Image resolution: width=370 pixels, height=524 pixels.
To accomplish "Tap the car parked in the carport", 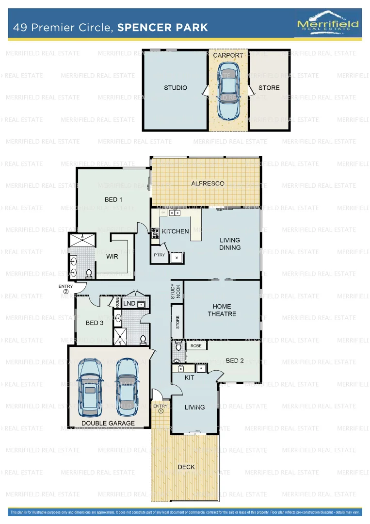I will point(228,92).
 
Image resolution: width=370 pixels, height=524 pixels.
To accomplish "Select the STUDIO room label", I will point(175,88).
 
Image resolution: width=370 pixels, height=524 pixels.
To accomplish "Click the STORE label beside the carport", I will point(269,88).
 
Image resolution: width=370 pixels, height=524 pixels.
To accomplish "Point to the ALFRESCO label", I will point(208,183).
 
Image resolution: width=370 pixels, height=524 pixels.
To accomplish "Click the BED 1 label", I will point(113,199).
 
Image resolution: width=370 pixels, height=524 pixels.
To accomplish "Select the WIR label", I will point(113,257).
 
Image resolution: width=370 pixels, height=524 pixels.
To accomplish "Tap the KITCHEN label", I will point(175,231).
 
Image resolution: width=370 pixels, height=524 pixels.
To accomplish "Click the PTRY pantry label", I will point(159,255).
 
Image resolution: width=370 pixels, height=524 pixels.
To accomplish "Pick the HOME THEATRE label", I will point(222,310).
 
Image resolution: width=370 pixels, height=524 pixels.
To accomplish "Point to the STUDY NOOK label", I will point(175,291).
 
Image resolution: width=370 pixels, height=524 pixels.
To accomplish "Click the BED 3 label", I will point(95,323).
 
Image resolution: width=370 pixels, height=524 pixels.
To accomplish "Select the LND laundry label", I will point(129,304).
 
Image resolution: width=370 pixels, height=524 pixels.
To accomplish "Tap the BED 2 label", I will point(235,360).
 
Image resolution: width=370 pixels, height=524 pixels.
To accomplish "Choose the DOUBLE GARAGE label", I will point(108,423).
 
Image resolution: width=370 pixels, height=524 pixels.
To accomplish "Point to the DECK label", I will point(186,467).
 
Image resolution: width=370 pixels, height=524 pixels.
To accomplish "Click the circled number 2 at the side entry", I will point(66,292).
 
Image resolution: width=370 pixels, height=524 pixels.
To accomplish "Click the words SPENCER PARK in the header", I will point(162,27).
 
